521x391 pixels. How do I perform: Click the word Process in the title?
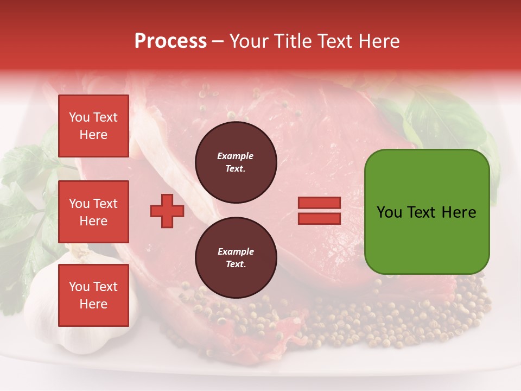coord(170,41)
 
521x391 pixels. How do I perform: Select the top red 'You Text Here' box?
coord(93,126)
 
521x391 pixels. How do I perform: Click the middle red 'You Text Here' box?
coord(93,212)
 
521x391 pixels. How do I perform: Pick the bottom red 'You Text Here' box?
coord(93,295)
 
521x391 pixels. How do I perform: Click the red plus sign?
coord(167,210)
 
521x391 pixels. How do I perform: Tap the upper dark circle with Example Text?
coord(236,162)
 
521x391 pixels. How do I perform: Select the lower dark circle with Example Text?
coord(236,258)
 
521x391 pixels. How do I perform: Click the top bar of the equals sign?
coord(319,203)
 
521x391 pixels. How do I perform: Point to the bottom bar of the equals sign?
coord(319,218)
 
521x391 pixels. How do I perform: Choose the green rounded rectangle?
coord(427,239)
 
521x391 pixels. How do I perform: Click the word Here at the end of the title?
coord(380,41)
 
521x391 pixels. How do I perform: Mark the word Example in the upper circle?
coord(236,156)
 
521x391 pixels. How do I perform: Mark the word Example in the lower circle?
coord(236,252)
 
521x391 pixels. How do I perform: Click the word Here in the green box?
coord(459,212)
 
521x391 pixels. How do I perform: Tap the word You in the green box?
coord(389,212)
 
